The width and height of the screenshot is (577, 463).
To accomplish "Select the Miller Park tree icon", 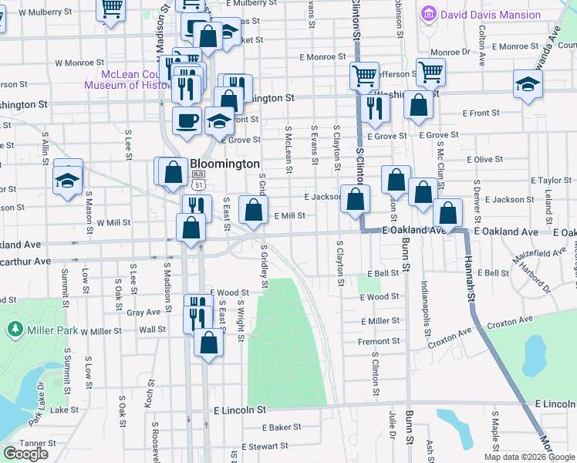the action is (15, 330).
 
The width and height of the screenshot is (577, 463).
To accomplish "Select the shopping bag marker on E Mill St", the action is (253, 209).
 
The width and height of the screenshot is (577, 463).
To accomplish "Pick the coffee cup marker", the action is (187, 120).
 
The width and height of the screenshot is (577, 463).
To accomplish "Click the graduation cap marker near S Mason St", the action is (67, 180).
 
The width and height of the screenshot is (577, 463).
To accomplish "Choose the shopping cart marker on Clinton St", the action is (363, 76).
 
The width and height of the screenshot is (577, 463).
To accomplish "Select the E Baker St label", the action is (281, 427).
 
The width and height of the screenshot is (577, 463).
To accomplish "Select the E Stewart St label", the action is (264, 446).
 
